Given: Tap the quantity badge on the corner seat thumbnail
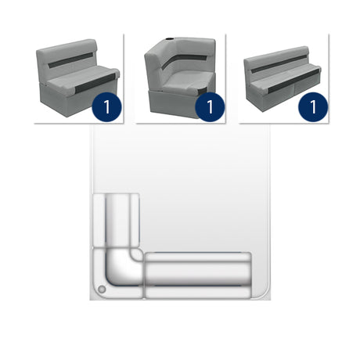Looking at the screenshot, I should coord(209,107).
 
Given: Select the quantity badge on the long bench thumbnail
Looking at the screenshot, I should coord(312,107).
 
